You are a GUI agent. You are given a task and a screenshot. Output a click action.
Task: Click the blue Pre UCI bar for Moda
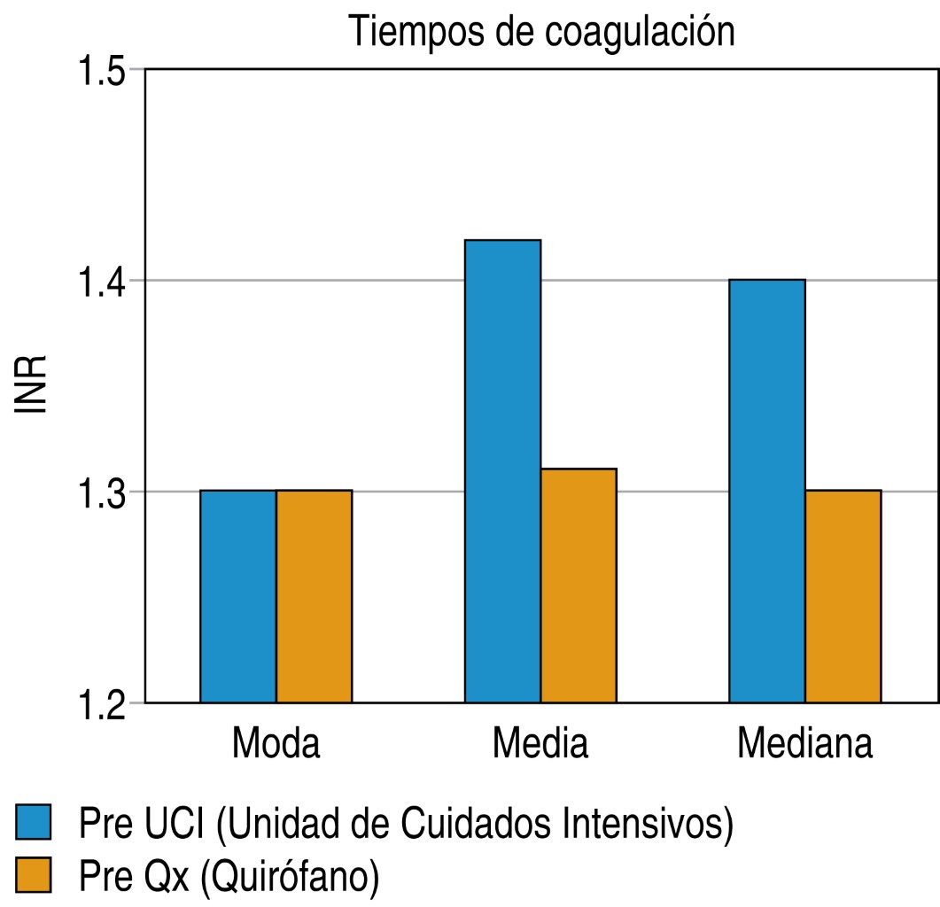click(x=237, y=596)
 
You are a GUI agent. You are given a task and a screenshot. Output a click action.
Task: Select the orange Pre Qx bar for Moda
click(x=314, y=596)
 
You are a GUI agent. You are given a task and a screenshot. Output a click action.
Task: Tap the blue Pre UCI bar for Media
click(x=502, y=471)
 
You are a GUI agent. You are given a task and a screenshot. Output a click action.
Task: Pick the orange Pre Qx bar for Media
click(x=579, y=585)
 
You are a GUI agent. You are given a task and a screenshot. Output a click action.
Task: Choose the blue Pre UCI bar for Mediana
click(x=767, y=491)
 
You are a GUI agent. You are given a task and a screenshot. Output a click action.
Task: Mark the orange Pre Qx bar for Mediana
click(x=843, y=596)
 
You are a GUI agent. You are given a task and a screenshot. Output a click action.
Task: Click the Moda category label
click(x=276, y=745)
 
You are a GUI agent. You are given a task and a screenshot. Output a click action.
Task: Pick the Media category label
click(x=540, y=745)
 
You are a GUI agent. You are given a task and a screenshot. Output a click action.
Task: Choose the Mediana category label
click(x=804, y=745)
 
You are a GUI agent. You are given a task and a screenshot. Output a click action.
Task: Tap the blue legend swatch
click(x=35, y=823)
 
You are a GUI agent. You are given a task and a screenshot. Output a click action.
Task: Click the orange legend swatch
click(x=35, y=874)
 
